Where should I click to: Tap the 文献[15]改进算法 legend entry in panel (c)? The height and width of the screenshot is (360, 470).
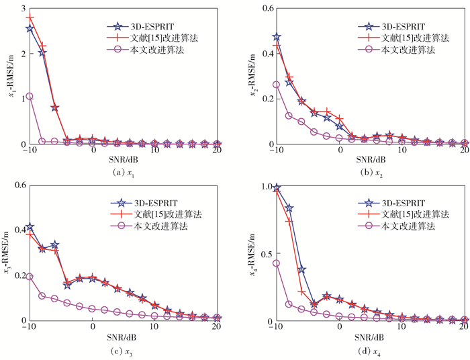[x=168, y=214]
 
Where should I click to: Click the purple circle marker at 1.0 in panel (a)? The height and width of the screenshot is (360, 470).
[x=30, y=96]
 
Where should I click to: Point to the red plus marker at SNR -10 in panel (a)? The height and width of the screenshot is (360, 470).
[x=30, y=17]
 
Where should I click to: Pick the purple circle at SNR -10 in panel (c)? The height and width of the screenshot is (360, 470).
[x=30, y=276]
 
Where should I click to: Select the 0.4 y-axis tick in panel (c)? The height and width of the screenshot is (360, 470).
[x=17, y=230]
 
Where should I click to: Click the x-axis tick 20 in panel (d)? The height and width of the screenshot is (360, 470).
[x=464, y=326]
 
